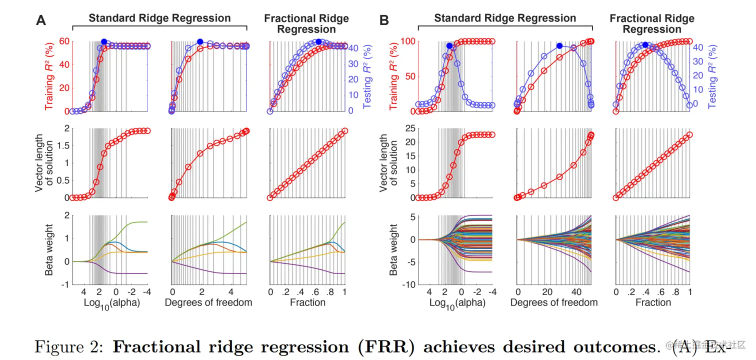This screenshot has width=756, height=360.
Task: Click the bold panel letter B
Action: coord(384,20)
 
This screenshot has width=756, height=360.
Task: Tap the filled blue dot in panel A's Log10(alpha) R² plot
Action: coord(104,42)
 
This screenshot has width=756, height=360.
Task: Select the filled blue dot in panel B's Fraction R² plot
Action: coord(645,45)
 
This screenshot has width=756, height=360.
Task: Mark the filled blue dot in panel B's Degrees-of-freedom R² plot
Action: coord(559,46)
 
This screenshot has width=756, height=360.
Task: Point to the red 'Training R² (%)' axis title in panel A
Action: coord(50,75)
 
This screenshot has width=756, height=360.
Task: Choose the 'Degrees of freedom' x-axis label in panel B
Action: coord(554,302)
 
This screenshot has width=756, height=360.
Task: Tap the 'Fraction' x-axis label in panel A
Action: coord(307,302)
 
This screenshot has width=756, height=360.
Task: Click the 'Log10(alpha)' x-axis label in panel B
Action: coord(460,304)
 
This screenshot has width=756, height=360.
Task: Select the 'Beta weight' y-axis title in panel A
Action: coord(50,249)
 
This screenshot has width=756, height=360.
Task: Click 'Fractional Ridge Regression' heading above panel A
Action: coord(307,23)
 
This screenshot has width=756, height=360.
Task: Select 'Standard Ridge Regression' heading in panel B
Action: coord(505,18)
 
